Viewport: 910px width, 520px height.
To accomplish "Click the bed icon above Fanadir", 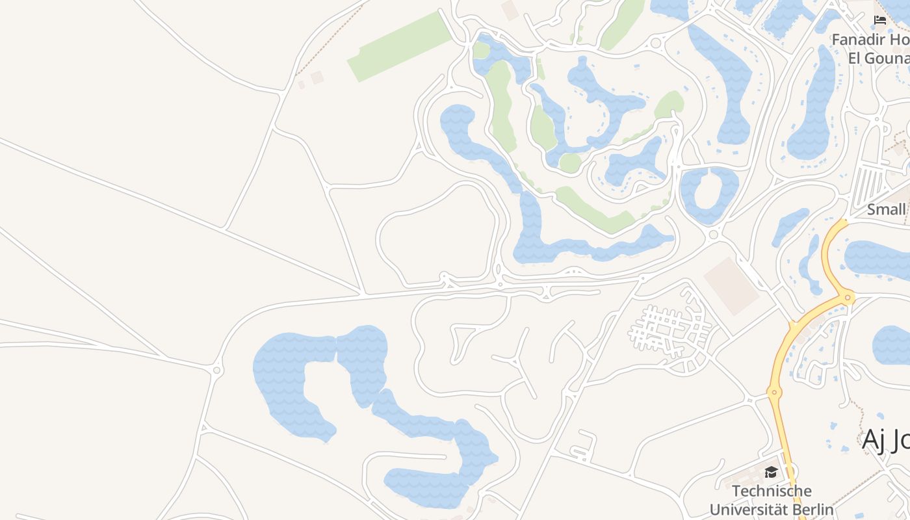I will [x=880, y=19].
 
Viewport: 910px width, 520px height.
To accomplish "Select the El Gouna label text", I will [x=877, y=57].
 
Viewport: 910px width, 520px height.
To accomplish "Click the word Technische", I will [x=772, y=491].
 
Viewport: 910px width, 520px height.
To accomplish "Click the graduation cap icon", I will [x=771, y=472].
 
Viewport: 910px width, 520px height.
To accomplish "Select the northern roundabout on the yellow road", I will [x=847, y=298].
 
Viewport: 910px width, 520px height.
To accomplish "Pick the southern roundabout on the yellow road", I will [x=773, y=392].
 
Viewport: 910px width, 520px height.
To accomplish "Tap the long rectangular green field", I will [x=400, y=46].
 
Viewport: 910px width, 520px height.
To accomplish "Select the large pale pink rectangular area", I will [x=732, y=285].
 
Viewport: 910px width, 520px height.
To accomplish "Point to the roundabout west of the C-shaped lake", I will [x=217, y=370].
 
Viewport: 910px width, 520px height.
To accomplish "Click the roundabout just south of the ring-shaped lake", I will [x=713, y=235].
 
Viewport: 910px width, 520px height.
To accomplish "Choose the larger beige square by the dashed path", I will [x=317, y=77].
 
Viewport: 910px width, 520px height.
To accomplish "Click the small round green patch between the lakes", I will [x=569, y=162].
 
